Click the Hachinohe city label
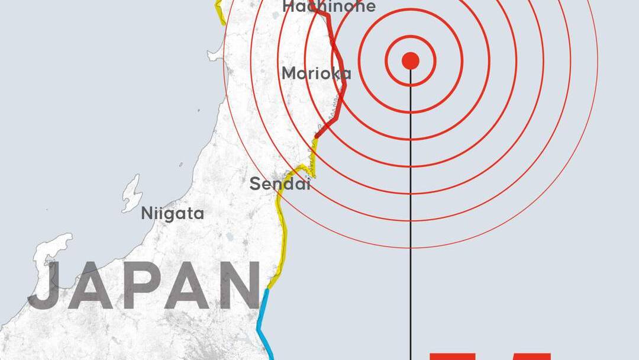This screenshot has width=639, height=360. pos(329,7)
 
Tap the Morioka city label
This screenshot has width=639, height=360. pos(316,73)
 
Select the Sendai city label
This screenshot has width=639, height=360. pos(280,184)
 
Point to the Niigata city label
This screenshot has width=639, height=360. pos(172,213)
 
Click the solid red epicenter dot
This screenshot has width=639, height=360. pos(411,60)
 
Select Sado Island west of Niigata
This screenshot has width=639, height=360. pos(131,193)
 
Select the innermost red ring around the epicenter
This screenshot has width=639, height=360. pos(411,36)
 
